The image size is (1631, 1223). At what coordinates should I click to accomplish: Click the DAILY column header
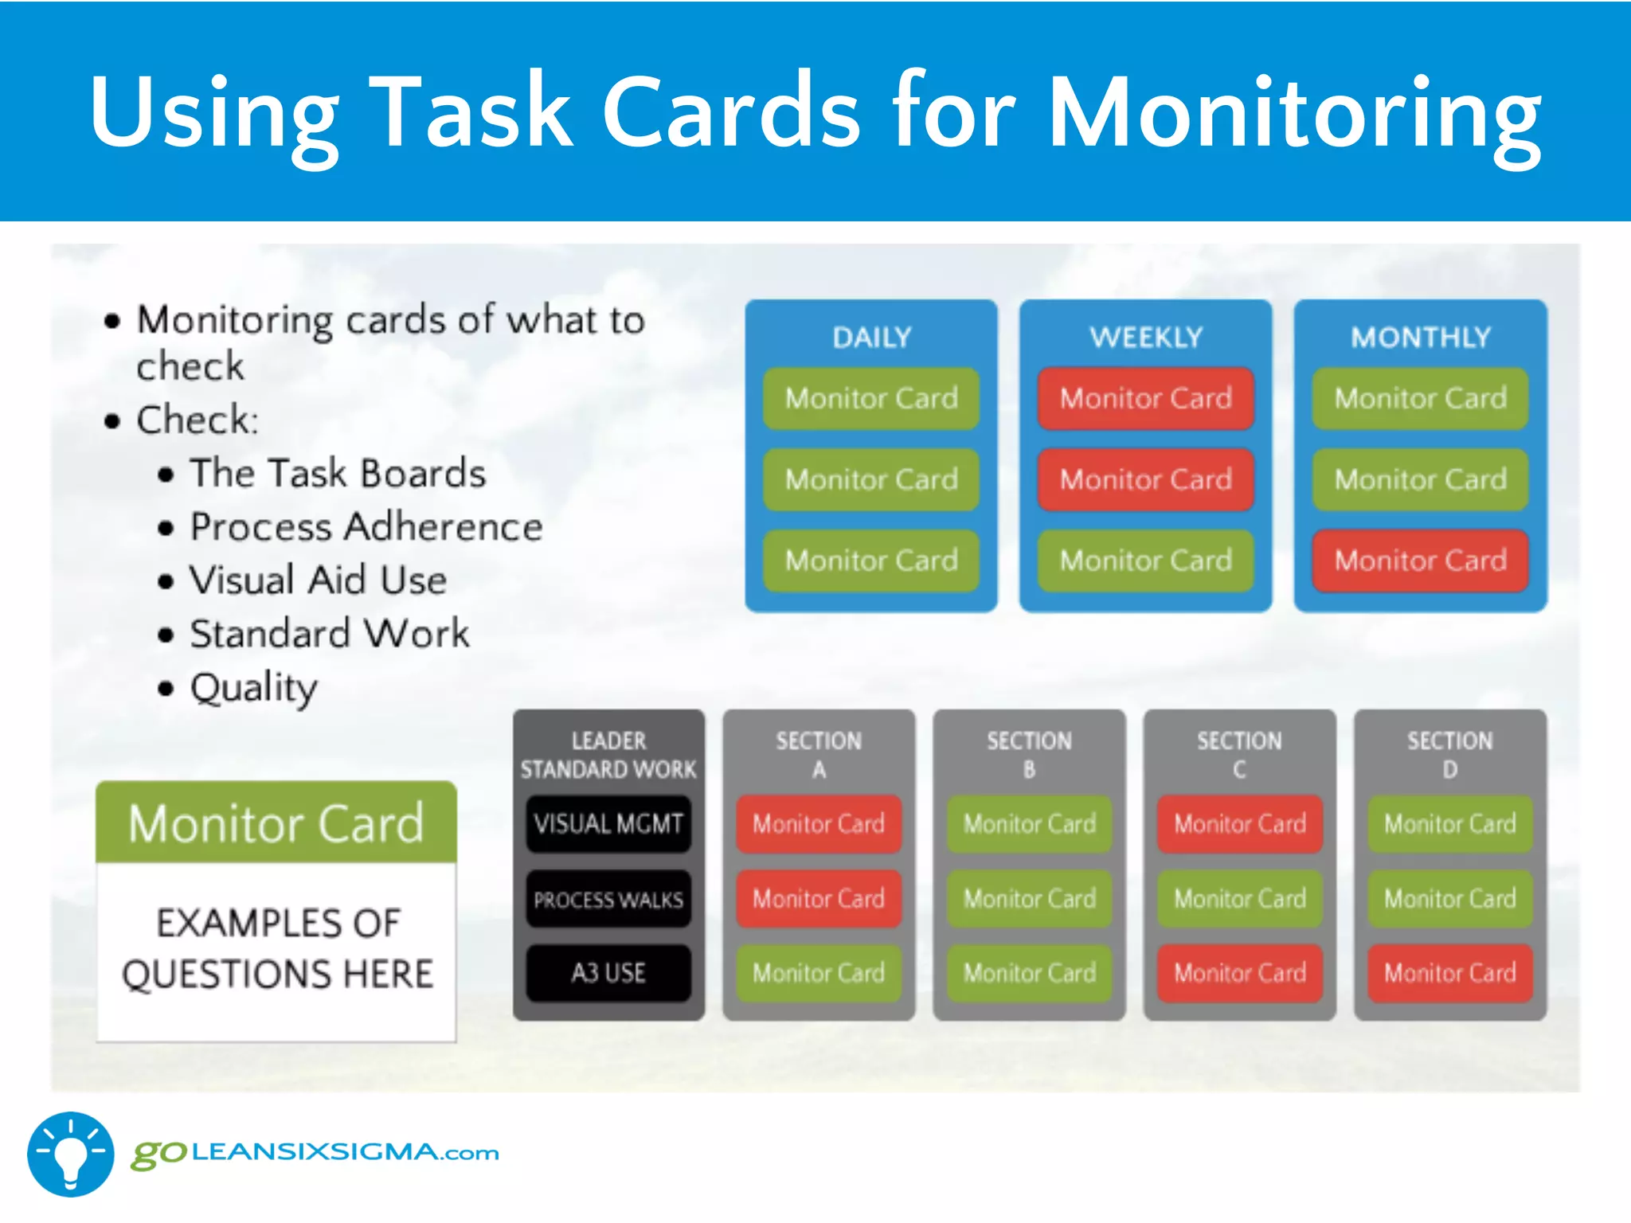[871, 338]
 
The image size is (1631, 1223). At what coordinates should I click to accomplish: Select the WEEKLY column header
[1145, 338]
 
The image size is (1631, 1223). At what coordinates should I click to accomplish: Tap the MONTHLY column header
[1420, 338]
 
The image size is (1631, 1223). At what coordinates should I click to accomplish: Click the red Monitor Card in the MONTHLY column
[1420, 561]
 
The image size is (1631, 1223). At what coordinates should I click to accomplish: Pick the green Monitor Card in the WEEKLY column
[1145, 561]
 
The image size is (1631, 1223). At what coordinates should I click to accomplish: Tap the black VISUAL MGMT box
[608, 823]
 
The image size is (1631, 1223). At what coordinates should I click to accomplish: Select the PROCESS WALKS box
[608, 900]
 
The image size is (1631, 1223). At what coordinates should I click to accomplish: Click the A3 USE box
[608, 973]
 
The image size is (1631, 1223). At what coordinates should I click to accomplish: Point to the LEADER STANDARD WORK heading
[608, 755]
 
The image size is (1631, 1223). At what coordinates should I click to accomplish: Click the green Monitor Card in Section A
[819, 973]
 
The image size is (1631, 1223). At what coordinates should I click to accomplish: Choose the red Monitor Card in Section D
[1449, 973]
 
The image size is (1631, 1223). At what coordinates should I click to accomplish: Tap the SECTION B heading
[1029, 755]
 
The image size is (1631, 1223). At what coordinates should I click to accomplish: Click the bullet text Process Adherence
[366, 527]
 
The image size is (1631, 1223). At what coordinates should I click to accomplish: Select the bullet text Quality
[253, 688]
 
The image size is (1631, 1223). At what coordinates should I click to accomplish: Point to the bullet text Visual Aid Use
[318, 580]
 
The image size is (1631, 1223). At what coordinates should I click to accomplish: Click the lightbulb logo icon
[70, 1155]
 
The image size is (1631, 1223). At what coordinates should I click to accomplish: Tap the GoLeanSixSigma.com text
[315, 1153]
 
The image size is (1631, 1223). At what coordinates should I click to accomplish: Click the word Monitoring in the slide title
[1293, 113]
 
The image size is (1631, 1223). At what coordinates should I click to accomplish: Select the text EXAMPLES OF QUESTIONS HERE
[277, 949]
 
